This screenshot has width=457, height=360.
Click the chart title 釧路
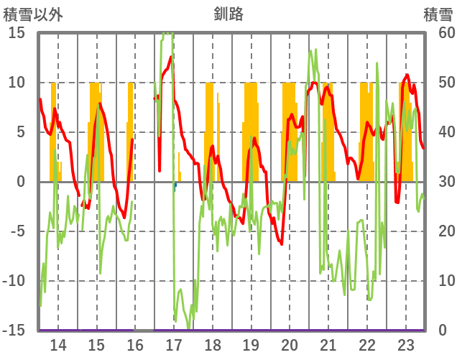click(228, 14)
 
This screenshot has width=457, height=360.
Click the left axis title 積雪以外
click(32, 14)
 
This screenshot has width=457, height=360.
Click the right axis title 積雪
click(438, 14)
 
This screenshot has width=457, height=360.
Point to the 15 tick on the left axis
click(17, 33)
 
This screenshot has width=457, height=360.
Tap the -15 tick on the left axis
click(15, 331)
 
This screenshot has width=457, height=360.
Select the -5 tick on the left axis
click(17, 231)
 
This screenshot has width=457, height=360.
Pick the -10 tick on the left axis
click(15, 281)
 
